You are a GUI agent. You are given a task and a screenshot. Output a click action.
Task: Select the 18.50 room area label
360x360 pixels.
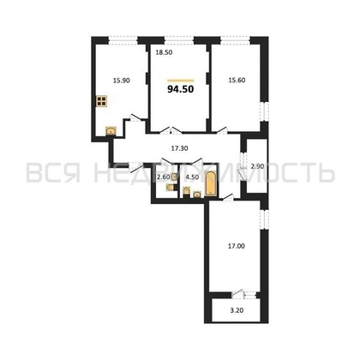163,53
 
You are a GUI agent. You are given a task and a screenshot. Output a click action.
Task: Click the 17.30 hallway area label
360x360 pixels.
179,149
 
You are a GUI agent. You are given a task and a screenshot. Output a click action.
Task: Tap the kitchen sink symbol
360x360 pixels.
111,130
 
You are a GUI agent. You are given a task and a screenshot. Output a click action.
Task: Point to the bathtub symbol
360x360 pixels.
212,179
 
